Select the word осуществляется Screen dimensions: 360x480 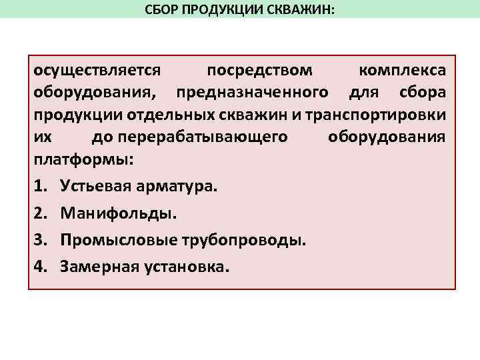pyautogui.click(x=97, y=71)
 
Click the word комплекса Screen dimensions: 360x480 pyautogui.click(x=403, y=71)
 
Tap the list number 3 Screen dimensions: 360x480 pyautogui.click(x=39, y=240)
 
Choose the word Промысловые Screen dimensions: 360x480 pyautogui.click(x=109, y=240)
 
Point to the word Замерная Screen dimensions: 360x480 pyautogui.click(x=98, y=267)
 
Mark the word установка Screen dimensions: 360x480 pyautogui.click(x=184, y=267)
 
